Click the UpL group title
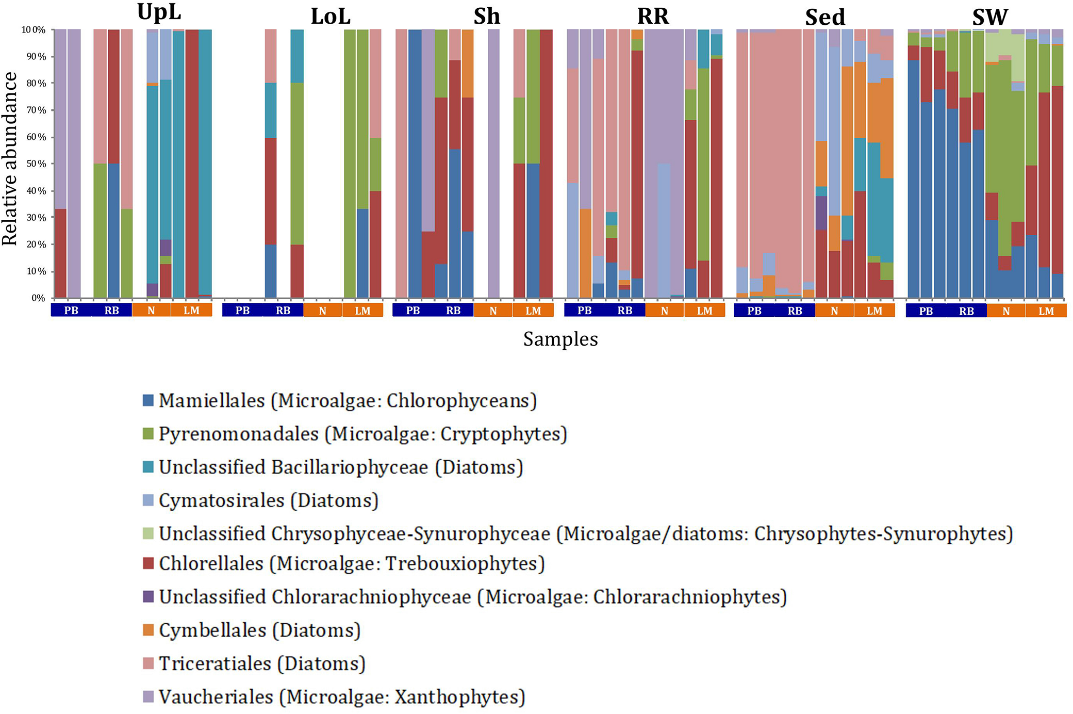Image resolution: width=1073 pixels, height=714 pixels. click(x=159, y=12)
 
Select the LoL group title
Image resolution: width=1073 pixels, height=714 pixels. click(x=331, y=17)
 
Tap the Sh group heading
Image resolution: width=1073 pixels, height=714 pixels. click(x=487, y=17)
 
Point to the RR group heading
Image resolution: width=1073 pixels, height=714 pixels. click(x=653, y=17)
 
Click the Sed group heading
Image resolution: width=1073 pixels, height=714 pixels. click(x=825, y=18)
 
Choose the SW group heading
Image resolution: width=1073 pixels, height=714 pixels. click(x=990, y=18)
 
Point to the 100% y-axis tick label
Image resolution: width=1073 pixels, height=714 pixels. click(x=34, y=30)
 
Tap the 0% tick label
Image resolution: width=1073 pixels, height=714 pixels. click(x=39, y=298)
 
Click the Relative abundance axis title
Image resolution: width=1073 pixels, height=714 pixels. click(x=10, y=159)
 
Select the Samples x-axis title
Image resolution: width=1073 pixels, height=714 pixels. click(x=560, y=339)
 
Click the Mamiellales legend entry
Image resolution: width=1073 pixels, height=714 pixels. click(x=348, y=401)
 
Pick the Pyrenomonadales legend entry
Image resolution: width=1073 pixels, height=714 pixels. click(x=362, y=434)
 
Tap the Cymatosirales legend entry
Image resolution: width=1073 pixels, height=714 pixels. click(x=268, y=500)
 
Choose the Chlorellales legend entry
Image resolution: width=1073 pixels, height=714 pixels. click(x=351, y=563)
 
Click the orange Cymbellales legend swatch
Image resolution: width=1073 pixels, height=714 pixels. click(x=148, y=630)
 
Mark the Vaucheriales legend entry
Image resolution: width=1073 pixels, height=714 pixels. click(x=341, y=697)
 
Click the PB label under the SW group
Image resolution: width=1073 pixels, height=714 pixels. click(x=926, y=312)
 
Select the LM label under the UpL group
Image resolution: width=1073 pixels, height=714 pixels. click(x=191, y=311)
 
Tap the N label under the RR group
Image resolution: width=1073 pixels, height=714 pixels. click(x=665, y=311)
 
